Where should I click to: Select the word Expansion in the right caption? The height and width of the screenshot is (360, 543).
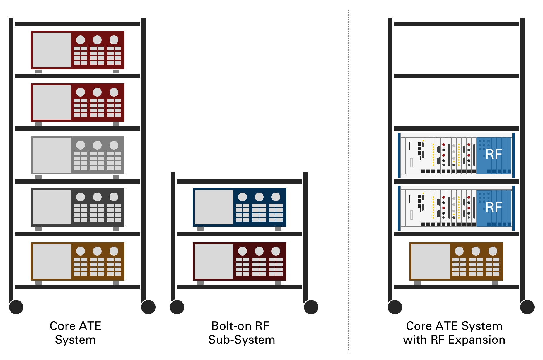477,340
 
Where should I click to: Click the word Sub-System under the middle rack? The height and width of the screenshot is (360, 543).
241,340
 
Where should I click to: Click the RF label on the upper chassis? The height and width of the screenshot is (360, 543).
494,155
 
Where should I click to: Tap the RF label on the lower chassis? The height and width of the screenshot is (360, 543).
494,207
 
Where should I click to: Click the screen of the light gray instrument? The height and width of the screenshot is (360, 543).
52,155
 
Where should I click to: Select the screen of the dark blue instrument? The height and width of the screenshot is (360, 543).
214,207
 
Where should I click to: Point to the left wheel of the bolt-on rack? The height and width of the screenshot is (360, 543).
177,307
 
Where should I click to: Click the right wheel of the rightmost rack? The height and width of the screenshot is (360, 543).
527,307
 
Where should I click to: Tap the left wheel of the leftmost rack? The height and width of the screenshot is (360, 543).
16,307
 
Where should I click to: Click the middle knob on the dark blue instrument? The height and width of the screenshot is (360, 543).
259,197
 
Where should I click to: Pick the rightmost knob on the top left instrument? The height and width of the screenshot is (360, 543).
114,40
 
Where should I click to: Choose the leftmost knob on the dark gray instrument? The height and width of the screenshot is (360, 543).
81,197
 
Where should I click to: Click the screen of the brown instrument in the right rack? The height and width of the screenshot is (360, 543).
431,261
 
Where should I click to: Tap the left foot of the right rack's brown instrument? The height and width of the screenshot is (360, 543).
417,283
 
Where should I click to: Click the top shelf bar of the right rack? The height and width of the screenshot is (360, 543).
456,24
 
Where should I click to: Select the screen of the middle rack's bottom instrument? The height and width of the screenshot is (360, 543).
214,261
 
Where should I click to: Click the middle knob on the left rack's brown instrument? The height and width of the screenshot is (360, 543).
97,251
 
